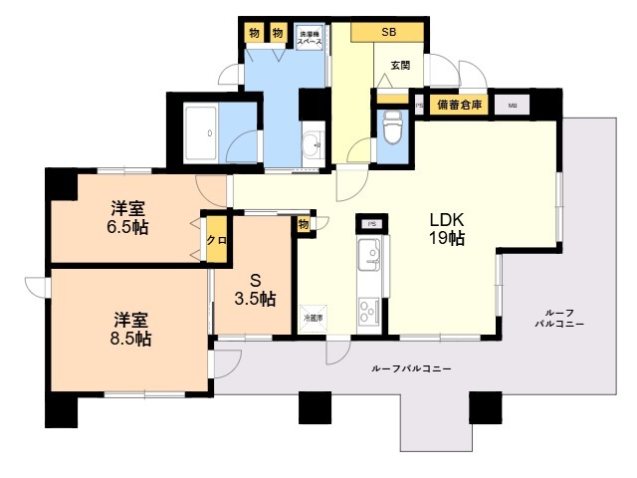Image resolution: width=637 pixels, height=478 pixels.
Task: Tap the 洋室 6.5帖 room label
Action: tap(129, 217)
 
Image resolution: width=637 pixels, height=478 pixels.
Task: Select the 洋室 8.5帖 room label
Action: tap(131, 329)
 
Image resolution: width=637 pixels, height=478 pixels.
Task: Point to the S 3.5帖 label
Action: tap(255, 289)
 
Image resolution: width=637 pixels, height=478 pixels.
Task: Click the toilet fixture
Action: tap(392, 128)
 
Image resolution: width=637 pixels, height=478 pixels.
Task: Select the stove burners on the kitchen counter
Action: tap(370, 310)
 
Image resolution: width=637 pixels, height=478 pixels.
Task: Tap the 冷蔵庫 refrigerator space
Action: tap(313, 318)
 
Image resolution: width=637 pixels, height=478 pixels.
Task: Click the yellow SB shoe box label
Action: tap(388, 32)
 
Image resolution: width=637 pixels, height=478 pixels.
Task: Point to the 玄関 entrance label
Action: tap(400, 65)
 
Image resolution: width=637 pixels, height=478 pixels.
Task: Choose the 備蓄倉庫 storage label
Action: tap(463, 104)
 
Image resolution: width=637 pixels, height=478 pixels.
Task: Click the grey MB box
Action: tap(512, 104)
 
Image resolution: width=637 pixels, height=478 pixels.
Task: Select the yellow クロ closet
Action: tap(215, 241)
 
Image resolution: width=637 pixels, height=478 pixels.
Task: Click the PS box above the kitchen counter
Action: tap(370, 224)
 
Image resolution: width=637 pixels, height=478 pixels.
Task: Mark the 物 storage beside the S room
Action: tap(302, 225)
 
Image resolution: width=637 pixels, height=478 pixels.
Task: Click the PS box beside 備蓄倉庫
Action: tap(419, 104)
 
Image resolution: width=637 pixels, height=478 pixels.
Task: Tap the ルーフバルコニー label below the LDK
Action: tap(412, 368)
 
